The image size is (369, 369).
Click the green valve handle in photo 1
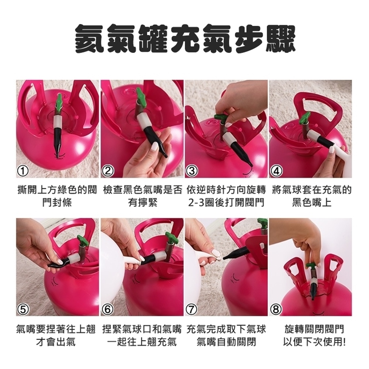59,100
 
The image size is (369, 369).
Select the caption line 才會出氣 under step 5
56,342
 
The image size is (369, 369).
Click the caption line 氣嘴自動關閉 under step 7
227,342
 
